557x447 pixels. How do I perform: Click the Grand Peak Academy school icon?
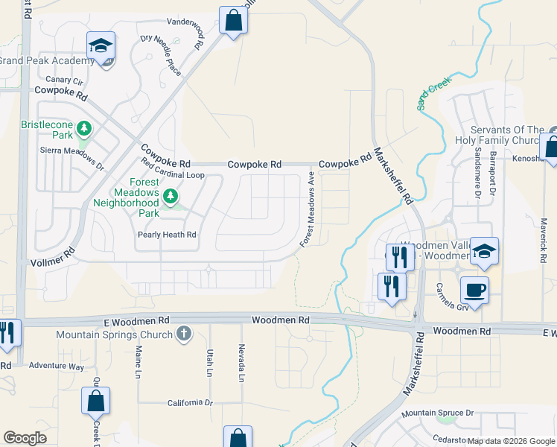[101, 46]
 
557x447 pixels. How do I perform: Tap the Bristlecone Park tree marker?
[85, 128]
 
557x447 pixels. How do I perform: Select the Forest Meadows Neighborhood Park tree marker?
[172, 197]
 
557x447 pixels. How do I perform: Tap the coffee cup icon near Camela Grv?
[474, 289]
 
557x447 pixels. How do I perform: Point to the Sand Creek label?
[434, 96]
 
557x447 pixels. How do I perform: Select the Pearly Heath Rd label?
[167, 235]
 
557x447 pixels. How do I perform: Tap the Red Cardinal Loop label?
[173, 175]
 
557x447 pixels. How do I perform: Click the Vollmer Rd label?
[54, 258]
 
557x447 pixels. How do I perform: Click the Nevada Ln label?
[241, 363]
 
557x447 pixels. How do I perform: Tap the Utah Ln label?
[210, 363]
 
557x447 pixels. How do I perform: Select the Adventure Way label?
[57, 367]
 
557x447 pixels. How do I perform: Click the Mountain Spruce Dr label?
[437, 413]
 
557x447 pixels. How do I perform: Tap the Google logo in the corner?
[25, 438]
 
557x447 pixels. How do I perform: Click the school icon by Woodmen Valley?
[484, 251]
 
